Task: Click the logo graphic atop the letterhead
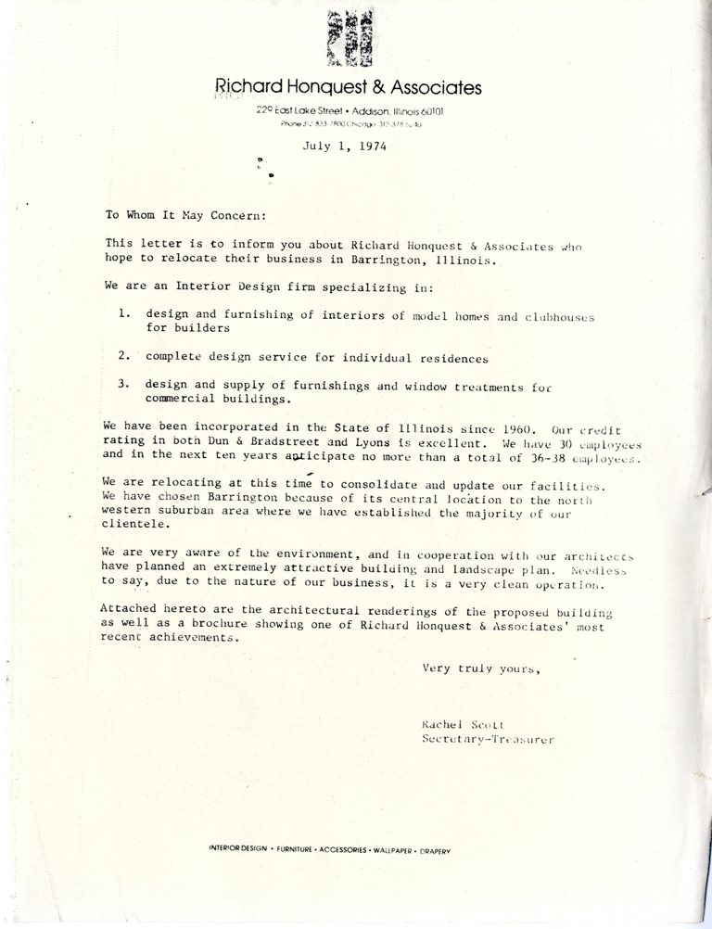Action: point(347,39)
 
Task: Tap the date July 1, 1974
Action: point(344,145)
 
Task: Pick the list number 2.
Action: point(123,356)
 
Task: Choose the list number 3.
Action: point(123,385)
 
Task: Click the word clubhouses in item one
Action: point(560,316)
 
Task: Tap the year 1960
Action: point(520,427)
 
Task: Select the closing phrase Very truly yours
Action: point(480,668)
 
